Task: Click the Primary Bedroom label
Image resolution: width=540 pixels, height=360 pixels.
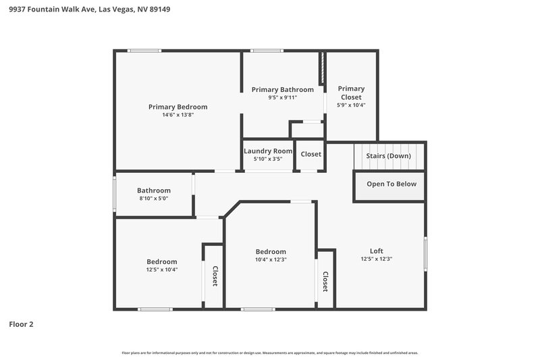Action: tap(178, 107)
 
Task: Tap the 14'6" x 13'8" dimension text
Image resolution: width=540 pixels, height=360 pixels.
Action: tap(178, 115)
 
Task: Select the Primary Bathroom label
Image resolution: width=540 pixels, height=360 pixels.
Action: tap(282, 89)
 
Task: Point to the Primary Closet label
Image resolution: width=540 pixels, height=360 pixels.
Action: tap(351, 93)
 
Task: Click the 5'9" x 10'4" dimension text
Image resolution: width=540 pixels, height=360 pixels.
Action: tap(351, 105)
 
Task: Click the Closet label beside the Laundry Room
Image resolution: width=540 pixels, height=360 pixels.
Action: tap(311, 154)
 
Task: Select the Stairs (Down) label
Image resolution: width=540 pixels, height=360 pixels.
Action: tap(388, 155)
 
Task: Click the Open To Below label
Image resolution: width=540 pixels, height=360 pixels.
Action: tap(391, 184)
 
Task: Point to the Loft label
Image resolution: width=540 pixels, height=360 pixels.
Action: tap(377, 251)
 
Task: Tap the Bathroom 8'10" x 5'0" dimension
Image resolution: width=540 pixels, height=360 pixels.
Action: tap(154, 199)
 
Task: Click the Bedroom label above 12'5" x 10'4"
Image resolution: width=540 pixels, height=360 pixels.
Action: tap(162, 261)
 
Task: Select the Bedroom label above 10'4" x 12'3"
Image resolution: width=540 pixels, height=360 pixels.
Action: tap(270, 251)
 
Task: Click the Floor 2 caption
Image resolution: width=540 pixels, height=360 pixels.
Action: tap(21, 324)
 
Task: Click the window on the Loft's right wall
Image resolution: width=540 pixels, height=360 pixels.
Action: tap(425, 254)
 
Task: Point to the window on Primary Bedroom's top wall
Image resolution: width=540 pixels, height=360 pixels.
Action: tap(144, 51)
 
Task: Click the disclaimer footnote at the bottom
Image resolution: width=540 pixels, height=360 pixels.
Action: tap(270, 353)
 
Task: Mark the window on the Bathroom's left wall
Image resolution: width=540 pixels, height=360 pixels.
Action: tap(114, 194)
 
